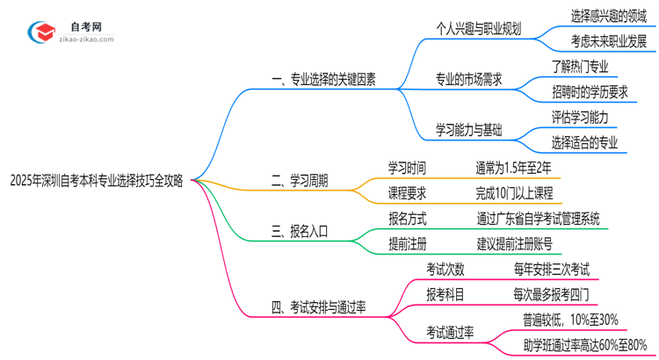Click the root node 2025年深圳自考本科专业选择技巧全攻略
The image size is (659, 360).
[96, 181]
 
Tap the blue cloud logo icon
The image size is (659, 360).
[41, 32]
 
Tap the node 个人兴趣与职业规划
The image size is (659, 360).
[478, 28]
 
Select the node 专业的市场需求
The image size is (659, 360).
[468, 79]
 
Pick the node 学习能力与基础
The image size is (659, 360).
[468, 130]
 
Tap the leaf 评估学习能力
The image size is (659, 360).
[580, 117]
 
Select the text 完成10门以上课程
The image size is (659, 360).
[514, 193]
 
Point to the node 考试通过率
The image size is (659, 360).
[450, 332]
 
